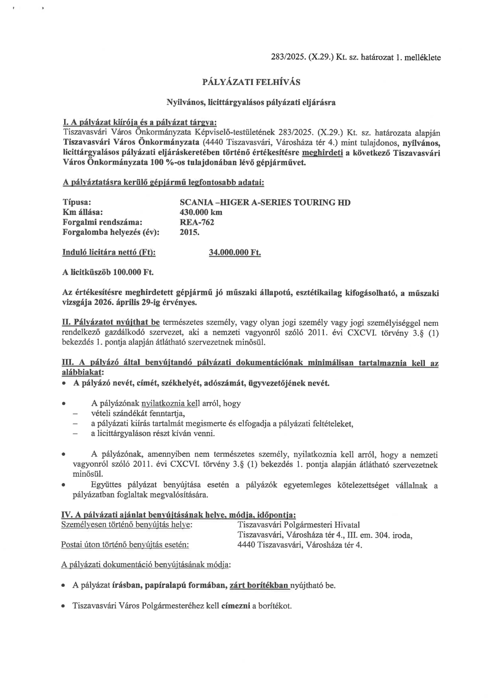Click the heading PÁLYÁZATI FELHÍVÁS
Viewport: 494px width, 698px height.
pos(251,82)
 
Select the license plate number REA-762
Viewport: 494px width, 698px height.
pos(197,222)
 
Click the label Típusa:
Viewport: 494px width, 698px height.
pos(76,202)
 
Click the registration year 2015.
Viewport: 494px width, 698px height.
pos(190,232)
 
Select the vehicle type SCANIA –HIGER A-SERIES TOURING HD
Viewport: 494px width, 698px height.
pos(265,202)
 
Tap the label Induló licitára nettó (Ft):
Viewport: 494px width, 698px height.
pos(109,253)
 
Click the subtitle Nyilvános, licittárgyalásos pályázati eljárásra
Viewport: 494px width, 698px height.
pos(251,102)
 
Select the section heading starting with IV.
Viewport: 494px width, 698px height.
pos(179,515)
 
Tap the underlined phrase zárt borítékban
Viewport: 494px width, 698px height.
pos(259,585)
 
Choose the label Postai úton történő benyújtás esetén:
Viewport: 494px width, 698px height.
pos(125,545)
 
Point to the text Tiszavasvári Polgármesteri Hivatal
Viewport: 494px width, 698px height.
pos(299,525)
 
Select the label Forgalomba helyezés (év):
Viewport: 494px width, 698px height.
pos(111,232)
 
